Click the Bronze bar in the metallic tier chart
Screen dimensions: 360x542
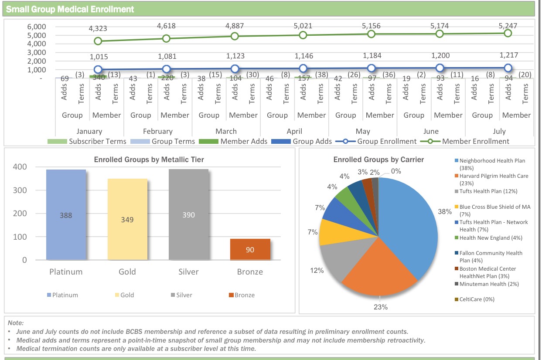click(250, 249)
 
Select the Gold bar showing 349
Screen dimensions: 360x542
click(127, 219)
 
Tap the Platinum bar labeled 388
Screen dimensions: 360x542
click(66, 215)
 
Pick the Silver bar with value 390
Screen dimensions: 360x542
click(188, 215)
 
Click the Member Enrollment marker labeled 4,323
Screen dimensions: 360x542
click(98, 41)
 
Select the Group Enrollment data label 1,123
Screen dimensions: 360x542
click(235, 56)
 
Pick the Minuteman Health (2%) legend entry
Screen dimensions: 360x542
click(488, 284)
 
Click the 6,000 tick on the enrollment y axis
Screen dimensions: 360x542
click(37, 27)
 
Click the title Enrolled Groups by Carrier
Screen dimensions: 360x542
click(378, 160)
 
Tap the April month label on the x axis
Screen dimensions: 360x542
click(294, 131)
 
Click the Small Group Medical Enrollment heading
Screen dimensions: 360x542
click(70, 9)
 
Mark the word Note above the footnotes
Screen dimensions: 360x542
click(16, 323)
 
